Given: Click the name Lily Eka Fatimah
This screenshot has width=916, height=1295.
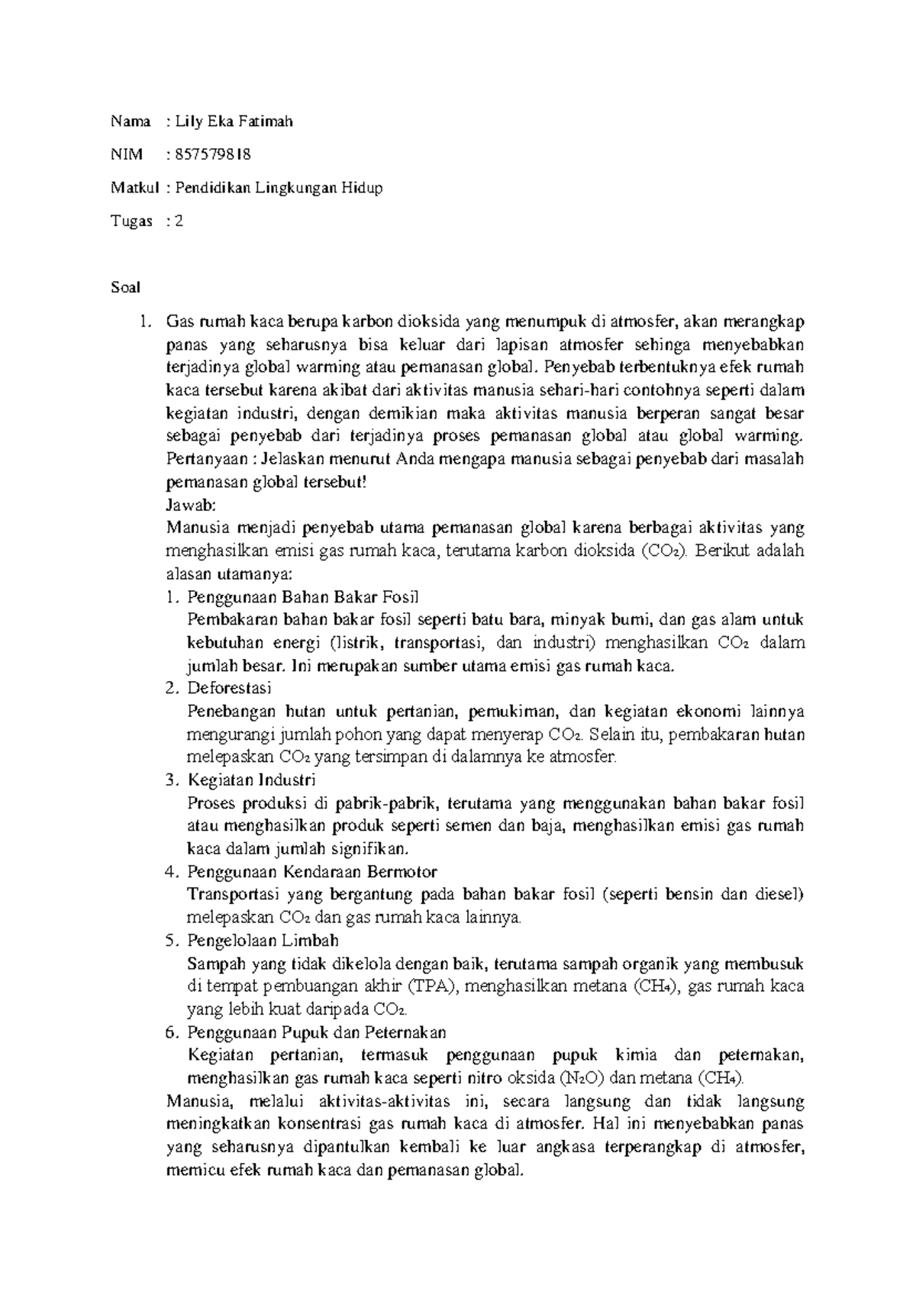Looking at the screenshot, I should tap(234, 121).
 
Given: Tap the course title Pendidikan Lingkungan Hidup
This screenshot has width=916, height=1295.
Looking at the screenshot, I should tap(279, 188).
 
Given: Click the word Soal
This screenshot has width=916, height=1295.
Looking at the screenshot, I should tap(125, 288).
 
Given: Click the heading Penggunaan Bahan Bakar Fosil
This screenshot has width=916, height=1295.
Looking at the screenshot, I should tap(303, 596).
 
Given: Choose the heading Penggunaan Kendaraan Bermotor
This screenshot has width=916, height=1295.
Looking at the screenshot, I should tap(311, 871).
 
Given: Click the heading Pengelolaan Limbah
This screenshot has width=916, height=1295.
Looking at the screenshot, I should tap(263, 940).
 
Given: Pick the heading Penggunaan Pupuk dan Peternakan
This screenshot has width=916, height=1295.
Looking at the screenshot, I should tap(316, 1032).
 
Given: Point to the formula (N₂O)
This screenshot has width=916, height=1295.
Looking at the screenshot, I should tap(585, 1078).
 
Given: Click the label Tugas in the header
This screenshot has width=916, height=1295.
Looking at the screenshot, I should tap(131, 221).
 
